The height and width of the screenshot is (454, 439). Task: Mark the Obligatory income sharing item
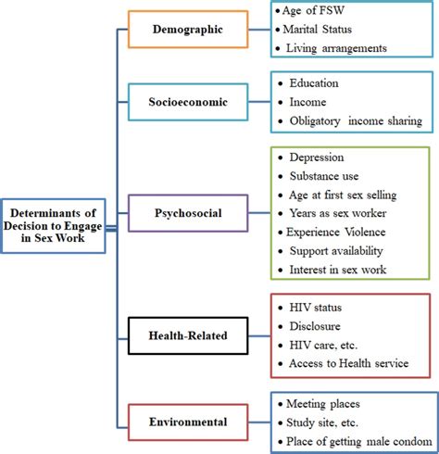click(357, 120)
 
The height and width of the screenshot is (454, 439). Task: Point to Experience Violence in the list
click(340, 232)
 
